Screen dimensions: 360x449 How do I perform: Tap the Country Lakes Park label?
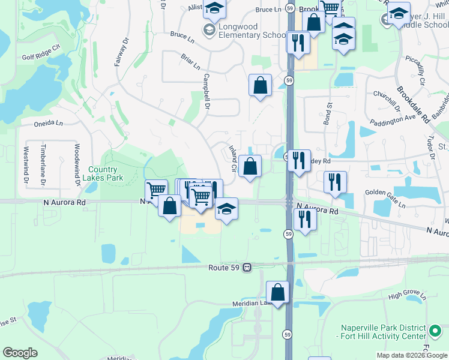pyautogui.click(x=103, y=173)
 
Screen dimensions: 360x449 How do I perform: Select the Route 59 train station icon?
pyautogui.click(x=246, y=268)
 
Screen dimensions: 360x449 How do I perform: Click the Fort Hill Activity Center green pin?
pyautogui.click(x=436, y=331)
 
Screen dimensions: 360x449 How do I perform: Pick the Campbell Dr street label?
pyautogui.click(x=206, y=91)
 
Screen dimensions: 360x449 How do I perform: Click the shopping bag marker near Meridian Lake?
pyautogui.click(x=277, y=293)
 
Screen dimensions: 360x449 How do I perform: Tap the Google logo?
pyautogui.click(x=20, y=353)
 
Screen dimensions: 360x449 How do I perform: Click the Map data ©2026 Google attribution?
pyautogui.click(x=412, y=355)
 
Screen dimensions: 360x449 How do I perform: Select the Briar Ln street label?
pyautogui.click(x=191, y=62)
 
